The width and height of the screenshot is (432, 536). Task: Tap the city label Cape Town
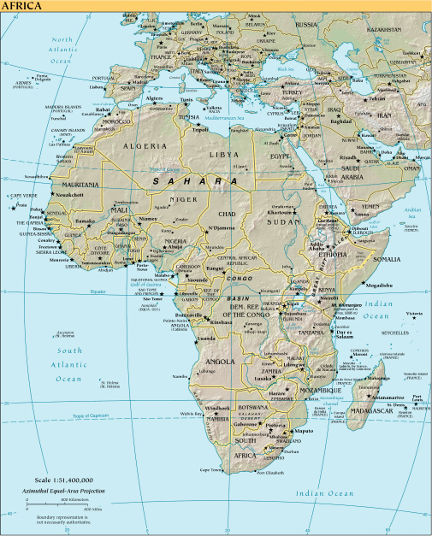pyautogui.click(x=211, y=470)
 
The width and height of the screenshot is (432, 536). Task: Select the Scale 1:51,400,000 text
pyautogui.click(x=64, y=481)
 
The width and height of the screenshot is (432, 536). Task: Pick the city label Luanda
pyautogui.click(x=206, y=339)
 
